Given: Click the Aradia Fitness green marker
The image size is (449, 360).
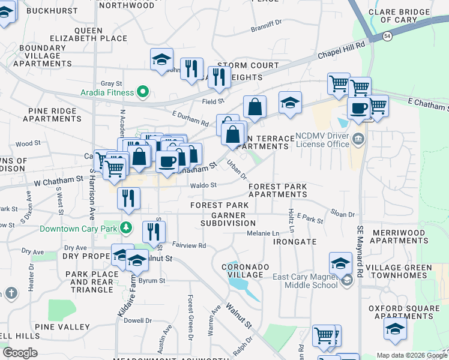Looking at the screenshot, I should pyautogui.click(x=143, y=92).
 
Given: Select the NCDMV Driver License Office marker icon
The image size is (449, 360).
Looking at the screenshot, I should pyautogui.click(x=359, y=139).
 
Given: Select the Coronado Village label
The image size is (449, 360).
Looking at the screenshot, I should pyautogui.click(x=243, y=270).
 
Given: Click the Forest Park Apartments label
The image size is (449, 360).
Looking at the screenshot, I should pyautogui.click(x=278, y=191).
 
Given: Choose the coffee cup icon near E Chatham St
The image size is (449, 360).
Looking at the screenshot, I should pyautogui.click(x=359, y=108).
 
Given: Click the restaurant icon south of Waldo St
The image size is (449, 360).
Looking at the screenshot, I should pyautogui.click(x=128, y=198).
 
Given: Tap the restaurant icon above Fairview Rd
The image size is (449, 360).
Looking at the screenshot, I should pyautogui.click(x=154, y=232).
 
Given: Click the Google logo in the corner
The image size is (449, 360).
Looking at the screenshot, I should pyautogui.click(x=20, y=353).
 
